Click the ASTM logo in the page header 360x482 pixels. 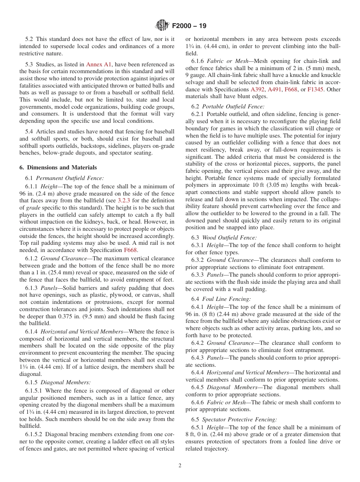(x=162, y=26)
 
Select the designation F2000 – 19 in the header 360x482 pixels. (x=189, y=26)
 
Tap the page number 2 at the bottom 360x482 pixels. (x=180, y=466)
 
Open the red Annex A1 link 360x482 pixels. (x=99, y=64)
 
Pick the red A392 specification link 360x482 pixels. (x=258, y=89)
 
